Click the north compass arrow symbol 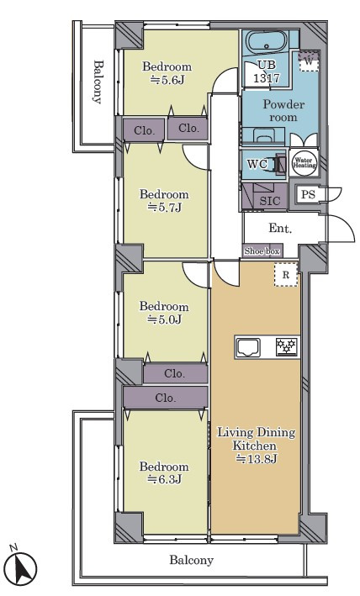pyautogui.click(x=23, y=568)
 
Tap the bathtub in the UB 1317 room pyautogui.click(x=266, y=41)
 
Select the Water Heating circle pyautogui.click(x=304, y=164)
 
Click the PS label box pyautogui.click(x=309, y=194)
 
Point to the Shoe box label pyautogui.click(x=262, y=251)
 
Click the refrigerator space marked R pyautogui.click(x=286, y=275)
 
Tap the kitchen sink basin pyautogui.click(x=248, y=347)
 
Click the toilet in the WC pyautogui.click(x=278, y=164)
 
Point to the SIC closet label pyautogui.click(x=269, y=201)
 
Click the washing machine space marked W pyautogui.click(x=309, y=61)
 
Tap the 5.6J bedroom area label pyautogui.click(x=167, y=80)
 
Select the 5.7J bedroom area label pyautogui.click(x=165, y=208)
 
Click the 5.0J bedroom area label pyautogui.click(x=165, y=319)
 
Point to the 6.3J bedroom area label pyautogui.click(x=165, y=480)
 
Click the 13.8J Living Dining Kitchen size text pyautogui.click(x=257, y=459)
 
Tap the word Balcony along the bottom pyautogui.click(x=191, y=560)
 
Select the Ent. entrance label pyautogui.click(x=280, y=228)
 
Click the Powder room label pyautogui.click(x=283, y=111)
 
